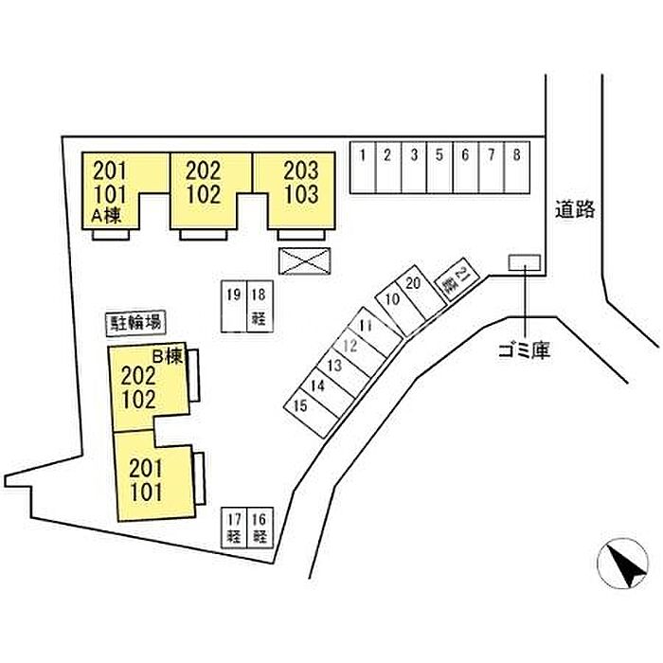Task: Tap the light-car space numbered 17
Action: point(233,528)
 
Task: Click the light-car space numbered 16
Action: point(260,528)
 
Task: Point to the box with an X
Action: point(306,260)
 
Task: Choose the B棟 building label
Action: point(167,357)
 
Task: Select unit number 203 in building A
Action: point(301,171)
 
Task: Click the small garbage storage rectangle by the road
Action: point(524,261)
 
